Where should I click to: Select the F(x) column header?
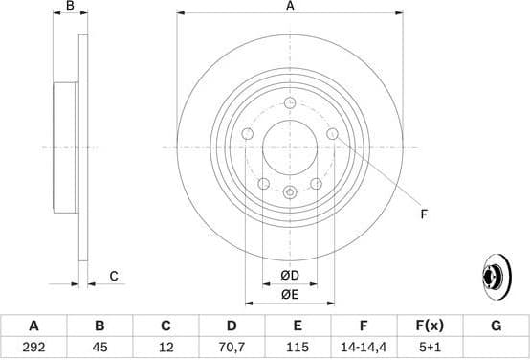(x=430, y=326)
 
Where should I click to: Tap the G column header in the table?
(x=496, y=326)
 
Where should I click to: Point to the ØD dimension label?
(x=290, y=276)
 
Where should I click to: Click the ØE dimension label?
(x=290, y=294)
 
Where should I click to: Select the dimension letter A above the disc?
(x=290, y=8)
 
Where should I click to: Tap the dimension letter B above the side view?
(x=69, y=8)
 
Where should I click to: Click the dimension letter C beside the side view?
(x=113, y=277)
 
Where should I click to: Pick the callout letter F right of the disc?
(x=423, y=214)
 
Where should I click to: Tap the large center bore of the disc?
(x=290, y=147)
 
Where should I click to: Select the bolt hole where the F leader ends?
(x=332, y=134)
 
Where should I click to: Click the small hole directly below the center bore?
(x=290, y=191)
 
